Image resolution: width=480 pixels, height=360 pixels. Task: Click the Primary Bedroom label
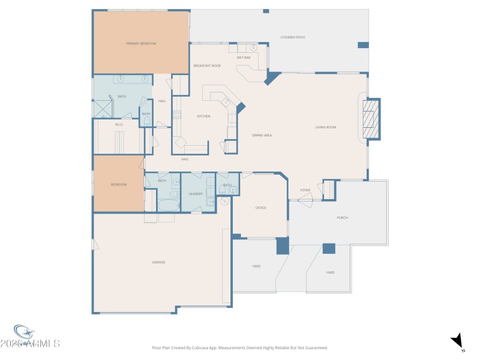(x=141, y=44)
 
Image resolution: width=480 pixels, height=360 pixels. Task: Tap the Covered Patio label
(x=293, y=37)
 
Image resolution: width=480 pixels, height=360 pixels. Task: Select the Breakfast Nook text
(x=206, y=65)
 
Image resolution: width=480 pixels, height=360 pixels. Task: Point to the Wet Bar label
(x=243, y=57)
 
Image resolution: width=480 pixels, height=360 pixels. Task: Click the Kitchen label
(x=203, y=116)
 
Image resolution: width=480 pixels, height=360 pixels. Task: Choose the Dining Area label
(x=262, y=136)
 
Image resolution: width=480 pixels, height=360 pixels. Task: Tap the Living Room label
(x=326, y=127)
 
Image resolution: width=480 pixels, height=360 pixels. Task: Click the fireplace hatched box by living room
(x=373, y=118)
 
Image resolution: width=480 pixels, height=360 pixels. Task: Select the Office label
(x=260, y=208)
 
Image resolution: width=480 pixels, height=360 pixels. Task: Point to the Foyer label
(x=305, y=190)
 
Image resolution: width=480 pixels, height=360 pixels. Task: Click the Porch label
(x=342, y=218)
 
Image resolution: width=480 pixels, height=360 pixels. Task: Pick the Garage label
(x=158, y=262)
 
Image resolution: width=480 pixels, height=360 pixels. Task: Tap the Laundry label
(x=195, y=194)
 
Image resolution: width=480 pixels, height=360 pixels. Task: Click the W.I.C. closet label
(x=119, y=124)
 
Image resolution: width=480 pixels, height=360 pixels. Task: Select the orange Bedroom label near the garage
(x=119, y=184)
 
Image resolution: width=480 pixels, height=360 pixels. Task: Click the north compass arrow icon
(x=458, y=340)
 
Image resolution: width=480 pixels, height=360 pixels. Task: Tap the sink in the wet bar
(x=253, y=47)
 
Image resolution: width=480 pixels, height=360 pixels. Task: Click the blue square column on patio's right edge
(x=363, y=45)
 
